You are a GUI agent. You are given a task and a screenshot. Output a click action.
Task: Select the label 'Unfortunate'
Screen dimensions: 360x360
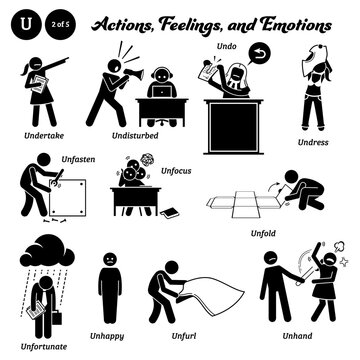[x=31, y=338]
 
